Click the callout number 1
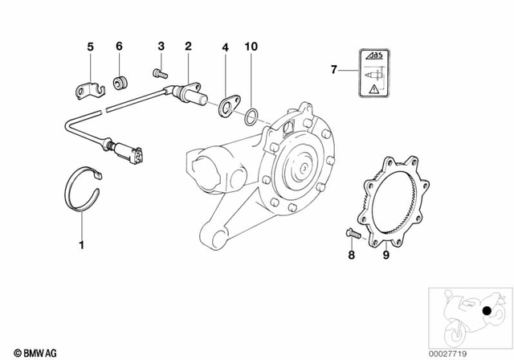click(81, 243)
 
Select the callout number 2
click(188, 47)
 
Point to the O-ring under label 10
click(251, 117)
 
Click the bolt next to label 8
click(351, 235)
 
